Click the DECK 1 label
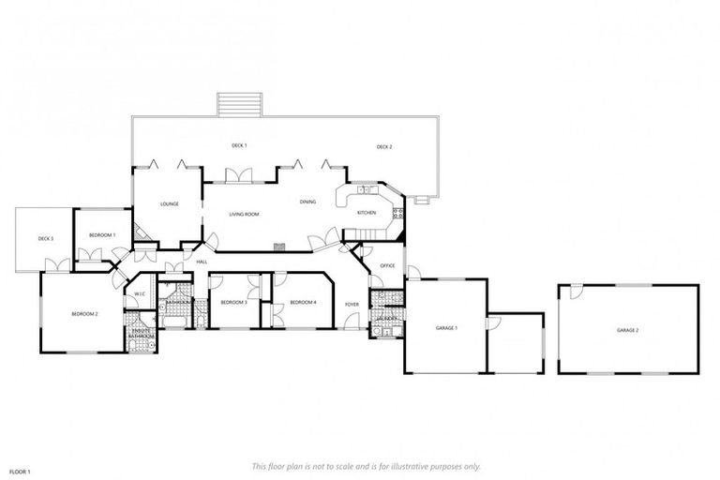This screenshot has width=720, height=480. click(x=239, y=145)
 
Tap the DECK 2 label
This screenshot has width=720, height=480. click(x=384, y=146)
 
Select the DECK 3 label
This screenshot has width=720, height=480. click(x=46, y=238)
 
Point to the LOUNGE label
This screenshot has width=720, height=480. click(x=170, y=203)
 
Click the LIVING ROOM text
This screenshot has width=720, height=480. click(x=244, y=214)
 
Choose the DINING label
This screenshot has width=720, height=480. click(x=307, y=202)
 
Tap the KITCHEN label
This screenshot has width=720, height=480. click(x=367, y=213)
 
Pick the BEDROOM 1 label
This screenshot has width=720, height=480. click(x=102, y=234)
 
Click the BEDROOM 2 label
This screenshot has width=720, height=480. click(x=84, y=313)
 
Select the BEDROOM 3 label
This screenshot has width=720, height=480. click(x=233, y=302)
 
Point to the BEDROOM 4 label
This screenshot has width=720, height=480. click(x=303, y=302)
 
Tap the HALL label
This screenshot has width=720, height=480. click(x=202, y=262)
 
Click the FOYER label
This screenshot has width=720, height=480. click(x=352, y=305)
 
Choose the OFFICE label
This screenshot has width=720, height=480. click(x=387, y=265)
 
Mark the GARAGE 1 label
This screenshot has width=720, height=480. click(x=446, y=327)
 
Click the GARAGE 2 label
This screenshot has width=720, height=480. click(x=627, y=330)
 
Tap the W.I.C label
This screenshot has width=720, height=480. click(x=138, y=294)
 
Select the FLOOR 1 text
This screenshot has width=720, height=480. click(x=21, y=471)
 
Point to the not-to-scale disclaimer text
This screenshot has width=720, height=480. click(x=366, y=466)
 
